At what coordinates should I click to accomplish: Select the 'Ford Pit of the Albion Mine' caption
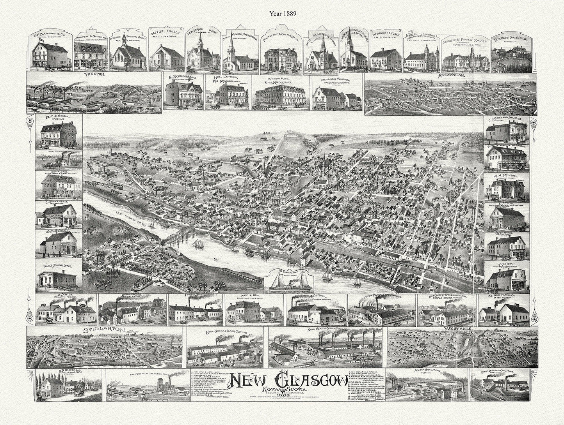click(x=145, y=373)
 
